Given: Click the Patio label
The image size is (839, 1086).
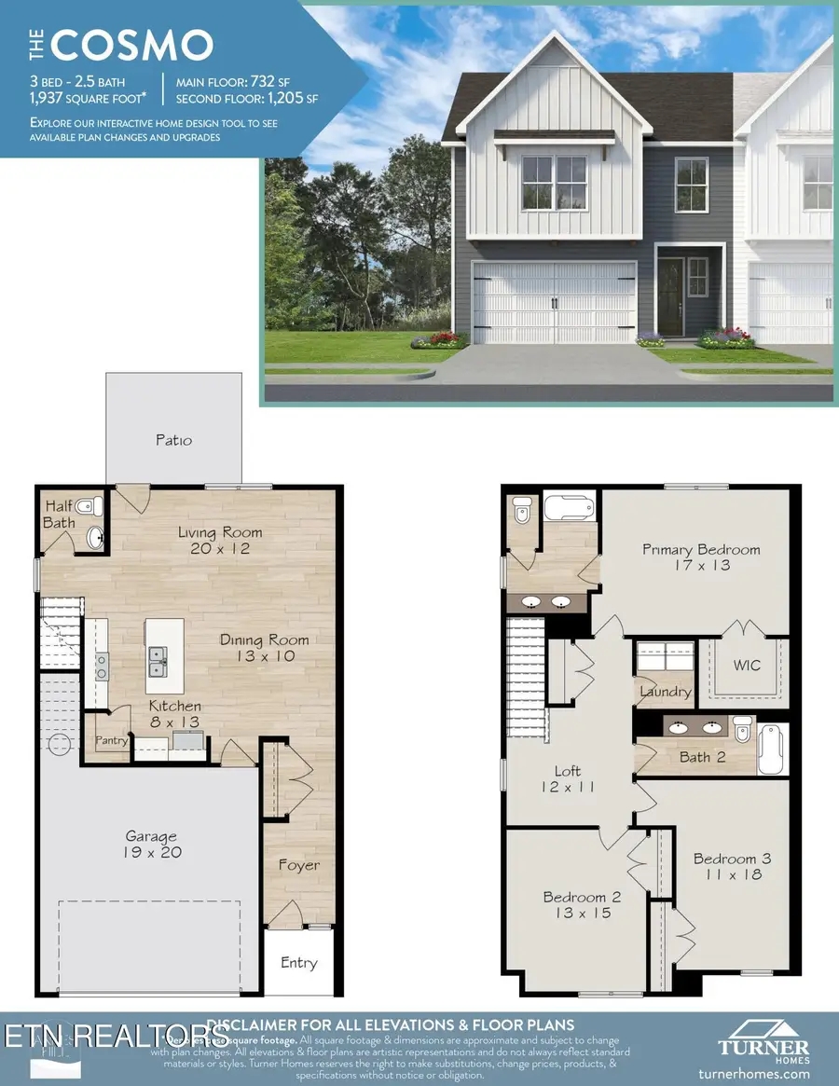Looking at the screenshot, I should pyautogui.click(x=173, y=440).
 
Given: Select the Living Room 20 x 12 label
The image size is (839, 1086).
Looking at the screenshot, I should pyautogui.click(x=221, y=541).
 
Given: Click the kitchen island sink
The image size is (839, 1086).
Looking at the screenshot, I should pyautogui.click(x=157, y=664).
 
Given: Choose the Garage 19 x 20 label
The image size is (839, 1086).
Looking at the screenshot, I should pyautogui.click(x=151, y=845).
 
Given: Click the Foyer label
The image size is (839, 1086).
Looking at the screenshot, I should pyautogui.click(x=298, y=865).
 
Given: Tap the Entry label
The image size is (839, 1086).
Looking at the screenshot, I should pyautogui.click(x=298, y=963).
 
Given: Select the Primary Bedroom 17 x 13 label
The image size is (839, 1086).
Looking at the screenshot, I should pyautogui.click(x=701, y=557).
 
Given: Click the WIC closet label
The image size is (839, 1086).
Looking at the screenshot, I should pyautogui.click(x=747, y=666).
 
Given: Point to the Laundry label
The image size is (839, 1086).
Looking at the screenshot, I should pyautogui.click(x=665, y=692).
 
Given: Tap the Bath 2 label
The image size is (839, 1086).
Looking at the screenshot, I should pyautogui.click(x=702, y=757).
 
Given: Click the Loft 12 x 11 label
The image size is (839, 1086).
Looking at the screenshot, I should pyautogui.click(x=567, y=778).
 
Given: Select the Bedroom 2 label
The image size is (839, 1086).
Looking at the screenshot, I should pyautogui.click(x=582, y=905).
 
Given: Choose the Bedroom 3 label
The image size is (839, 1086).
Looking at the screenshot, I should pyautogui.click(x=732, y=867).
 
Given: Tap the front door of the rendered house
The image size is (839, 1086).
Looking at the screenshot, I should pyautogui.click(x=670, y=295).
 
